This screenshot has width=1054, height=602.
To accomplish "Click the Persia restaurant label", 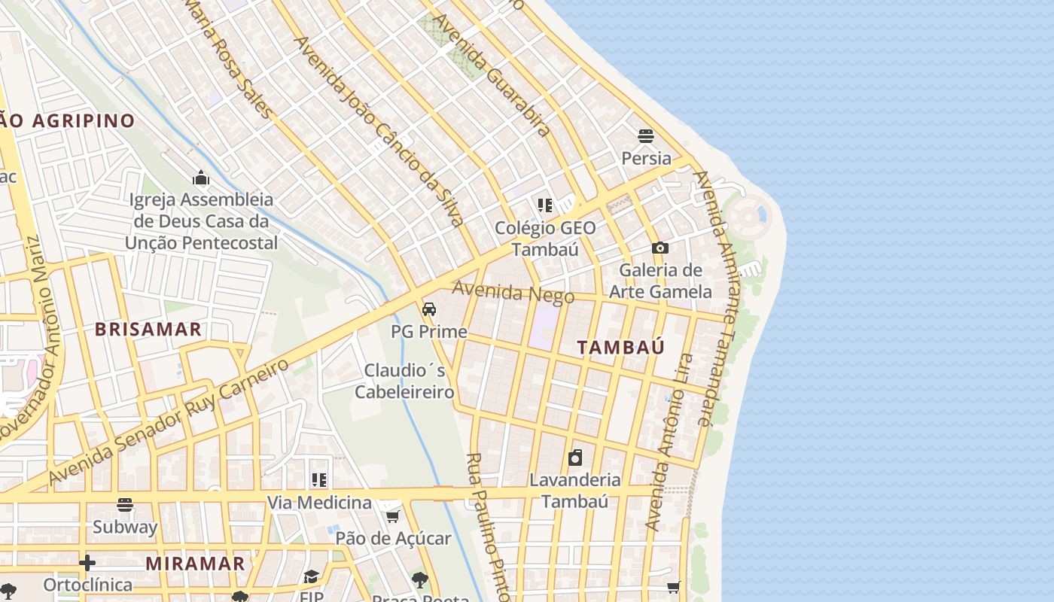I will pyautogui.click(x=646, y=159).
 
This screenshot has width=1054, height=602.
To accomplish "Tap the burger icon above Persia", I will pyautogui.click(x=645, y=136).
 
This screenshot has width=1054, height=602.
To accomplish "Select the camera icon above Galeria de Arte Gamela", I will pyautogui.click(x=660, y=248).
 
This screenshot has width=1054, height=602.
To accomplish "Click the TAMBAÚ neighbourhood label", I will pyautogui.click(x=621, y=348).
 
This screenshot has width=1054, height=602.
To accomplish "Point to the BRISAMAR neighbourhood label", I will pyautogui.click(x=148, y=330).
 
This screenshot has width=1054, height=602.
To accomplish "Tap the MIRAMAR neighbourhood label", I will pyautogui.click(x=195, y=564).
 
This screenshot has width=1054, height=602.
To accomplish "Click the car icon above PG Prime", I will pyautogui.click(x=429, y=309).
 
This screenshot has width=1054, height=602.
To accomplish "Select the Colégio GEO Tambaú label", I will pyautogui.click(x=545, y=238).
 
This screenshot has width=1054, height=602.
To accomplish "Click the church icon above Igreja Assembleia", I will pyautogui.click(x=201, y=178).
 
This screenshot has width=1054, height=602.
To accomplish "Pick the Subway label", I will pyautogui.click(x=125, y=527).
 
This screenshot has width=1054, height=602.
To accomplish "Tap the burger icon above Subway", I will pyautogui.click(x=125, y=505).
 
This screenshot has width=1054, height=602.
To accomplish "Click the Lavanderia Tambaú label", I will pyautogui.click(x=575, y=490).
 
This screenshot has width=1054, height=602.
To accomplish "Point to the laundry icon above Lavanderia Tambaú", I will pyautogui.click(x=575, y=457).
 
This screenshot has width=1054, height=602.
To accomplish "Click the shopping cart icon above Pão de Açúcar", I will pyautogui.click(x=392, y=516).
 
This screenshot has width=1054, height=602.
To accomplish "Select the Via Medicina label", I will pyautogui.click(x=319, y=502).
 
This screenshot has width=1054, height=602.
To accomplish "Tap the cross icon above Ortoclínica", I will pyautogui.click(x=87, y=563).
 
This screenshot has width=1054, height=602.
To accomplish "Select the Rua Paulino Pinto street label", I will pyautogui.click(x=489, y=527).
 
